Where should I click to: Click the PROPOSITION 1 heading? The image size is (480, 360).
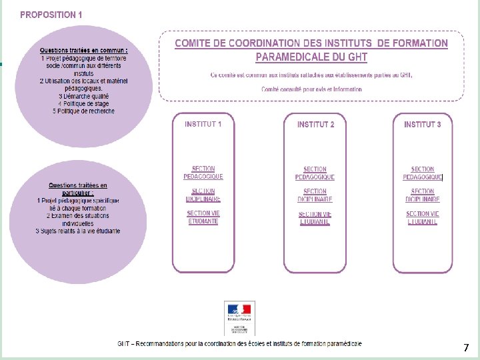51,14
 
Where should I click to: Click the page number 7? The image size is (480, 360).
466,347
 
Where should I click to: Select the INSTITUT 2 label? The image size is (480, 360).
315,125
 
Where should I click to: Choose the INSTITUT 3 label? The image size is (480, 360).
423,125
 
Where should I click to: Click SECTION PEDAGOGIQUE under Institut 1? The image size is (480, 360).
203,173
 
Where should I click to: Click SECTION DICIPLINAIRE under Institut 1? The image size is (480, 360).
203,195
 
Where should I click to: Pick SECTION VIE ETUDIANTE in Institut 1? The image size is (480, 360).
203,217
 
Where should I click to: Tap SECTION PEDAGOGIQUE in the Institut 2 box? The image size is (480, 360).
315,173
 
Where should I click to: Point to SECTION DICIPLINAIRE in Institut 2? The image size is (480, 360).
315,195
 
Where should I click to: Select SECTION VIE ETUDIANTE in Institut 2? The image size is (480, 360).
315,218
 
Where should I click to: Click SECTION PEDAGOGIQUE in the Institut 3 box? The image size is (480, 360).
423,173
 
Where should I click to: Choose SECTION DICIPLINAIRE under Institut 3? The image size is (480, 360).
423,195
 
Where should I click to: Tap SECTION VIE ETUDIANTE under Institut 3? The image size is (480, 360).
423,218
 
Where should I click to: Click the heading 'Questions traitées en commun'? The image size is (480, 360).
84,51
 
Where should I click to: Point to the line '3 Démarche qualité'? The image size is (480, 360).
84,96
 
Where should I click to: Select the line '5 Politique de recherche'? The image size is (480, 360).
84,111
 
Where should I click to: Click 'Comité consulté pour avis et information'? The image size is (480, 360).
311,89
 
